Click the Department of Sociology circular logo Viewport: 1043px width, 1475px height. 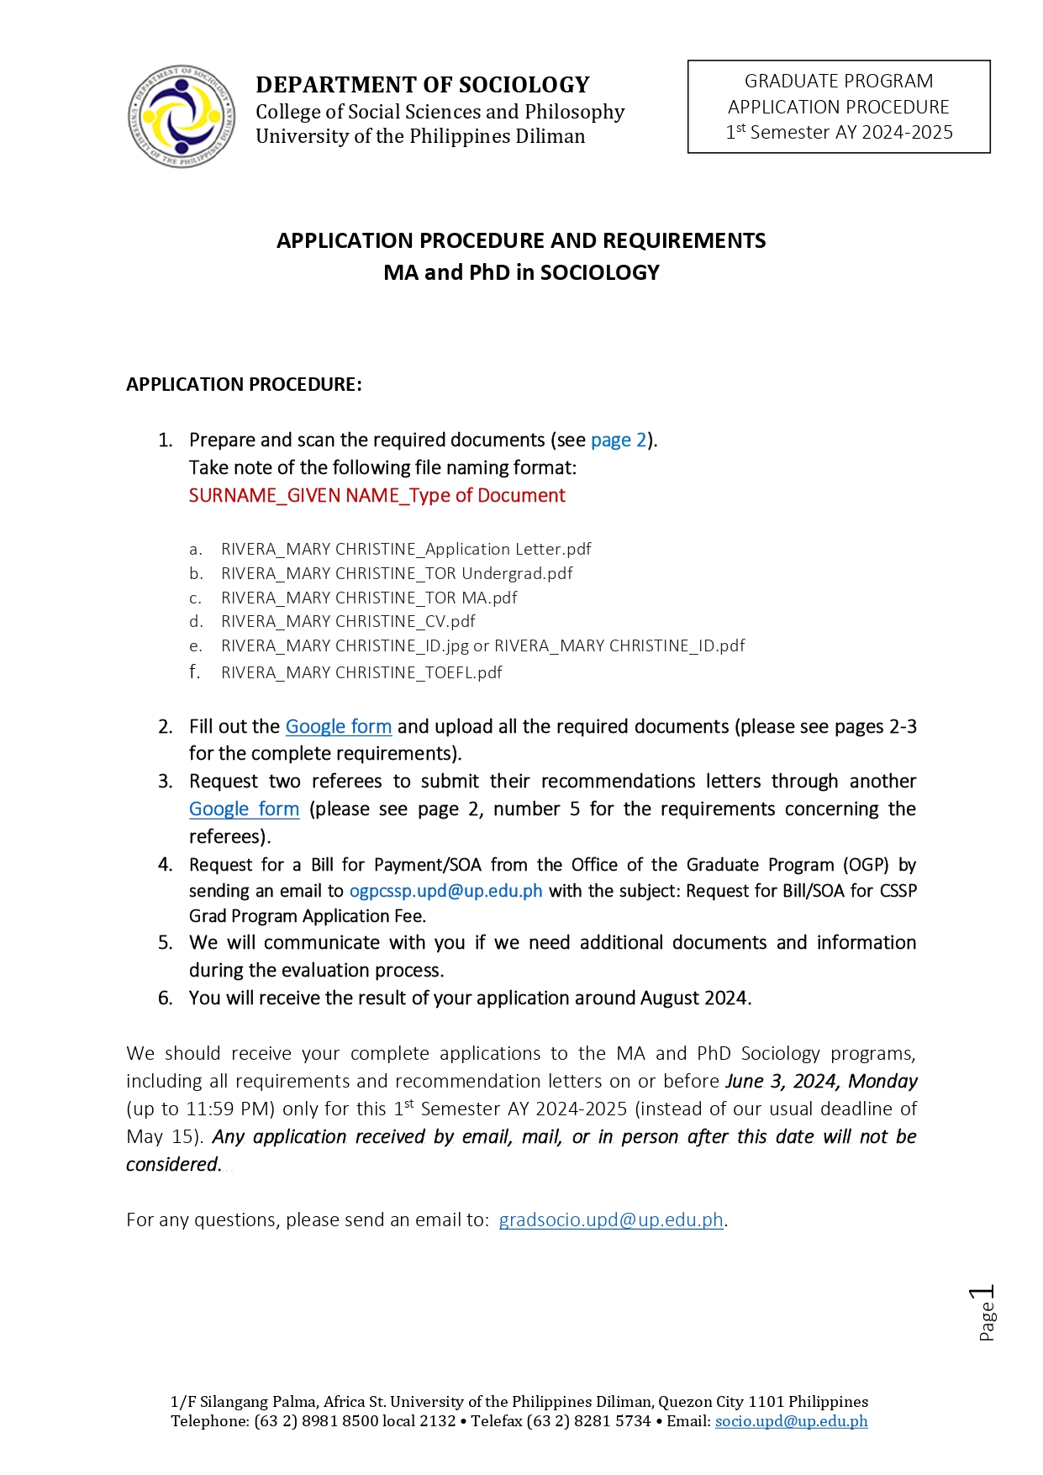click(181, 116)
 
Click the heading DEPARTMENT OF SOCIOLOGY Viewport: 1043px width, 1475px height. click(422, 85)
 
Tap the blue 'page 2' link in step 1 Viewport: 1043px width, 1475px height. click(619, 440)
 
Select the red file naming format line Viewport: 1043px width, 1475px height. click(377, 496)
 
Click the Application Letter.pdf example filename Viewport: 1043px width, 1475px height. click(406, 550)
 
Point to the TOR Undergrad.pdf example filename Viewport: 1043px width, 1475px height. click(397, 574)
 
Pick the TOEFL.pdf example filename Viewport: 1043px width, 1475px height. click(361, 673)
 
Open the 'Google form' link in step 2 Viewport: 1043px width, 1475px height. click(338, 727)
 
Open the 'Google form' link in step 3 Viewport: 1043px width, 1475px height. click(244, 809)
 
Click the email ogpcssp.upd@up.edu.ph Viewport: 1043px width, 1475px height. click(445, 892)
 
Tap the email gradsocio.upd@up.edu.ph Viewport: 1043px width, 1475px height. click(611, 1220)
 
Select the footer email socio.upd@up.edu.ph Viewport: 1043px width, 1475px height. click(791, 1421)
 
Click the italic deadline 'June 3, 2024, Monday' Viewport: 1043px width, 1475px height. click(821, 1082)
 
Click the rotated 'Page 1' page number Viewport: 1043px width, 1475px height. click(985, 1313)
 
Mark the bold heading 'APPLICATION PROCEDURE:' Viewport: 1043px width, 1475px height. click(244, 385)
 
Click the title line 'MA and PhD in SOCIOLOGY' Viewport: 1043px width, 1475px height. click(521, 273)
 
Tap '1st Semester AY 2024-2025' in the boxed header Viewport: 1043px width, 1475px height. click(839, 133)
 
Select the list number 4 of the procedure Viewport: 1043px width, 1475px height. click(166, 866)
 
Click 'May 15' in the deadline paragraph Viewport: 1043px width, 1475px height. click(162, 1137)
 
